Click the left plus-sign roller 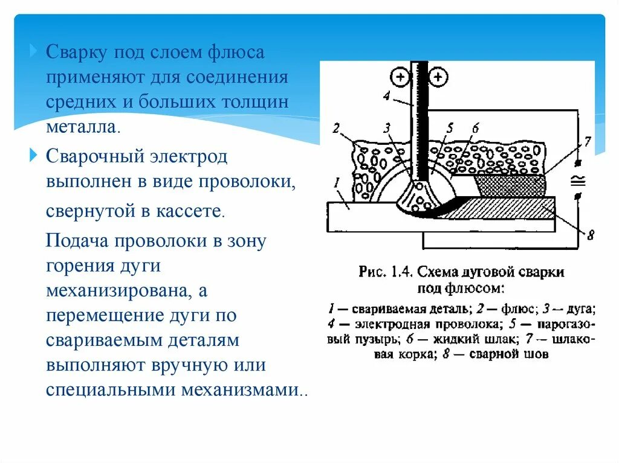(x=400, y=77)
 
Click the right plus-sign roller (x=439, y=77)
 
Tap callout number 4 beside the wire (x=387, y=97)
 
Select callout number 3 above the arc (x=387, y=128)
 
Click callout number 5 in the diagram (x=450, y=128)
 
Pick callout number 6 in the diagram (x=475, y=128)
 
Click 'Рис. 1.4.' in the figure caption (x=383, y=272)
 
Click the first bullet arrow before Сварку (x=34, y=51)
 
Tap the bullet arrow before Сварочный (x=34, y=156)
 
